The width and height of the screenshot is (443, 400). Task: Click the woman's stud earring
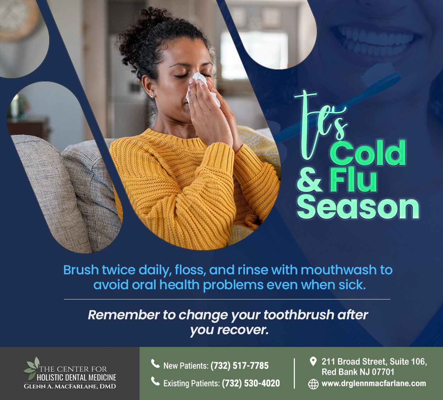click(152, 95)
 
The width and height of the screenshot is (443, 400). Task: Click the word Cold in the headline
click(368, 153)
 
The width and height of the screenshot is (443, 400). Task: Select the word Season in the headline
click(358, 208)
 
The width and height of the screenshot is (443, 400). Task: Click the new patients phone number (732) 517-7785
click(240, 366)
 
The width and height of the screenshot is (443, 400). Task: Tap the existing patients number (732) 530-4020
click(251, 383)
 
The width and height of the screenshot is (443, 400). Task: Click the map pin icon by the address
click(313, 361)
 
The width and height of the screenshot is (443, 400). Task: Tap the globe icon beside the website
click(313, 384)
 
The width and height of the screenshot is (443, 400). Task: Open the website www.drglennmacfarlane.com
click(374, 383)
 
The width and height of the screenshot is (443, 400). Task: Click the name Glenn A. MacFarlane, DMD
click(70, 386)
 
